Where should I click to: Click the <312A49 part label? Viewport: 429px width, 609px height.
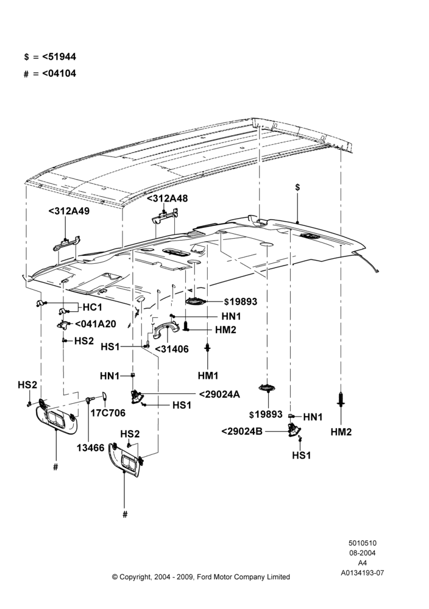(x=69, y=211)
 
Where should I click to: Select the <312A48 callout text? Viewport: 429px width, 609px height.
(x=167, y=198)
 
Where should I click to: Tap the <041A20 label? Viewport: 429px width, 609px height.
(x=95, y=323)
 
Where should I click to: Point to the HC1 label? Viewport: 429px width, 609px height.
(x=93, y=307)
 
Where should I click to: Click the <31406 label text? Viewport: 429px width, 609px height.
(x=171, y=349)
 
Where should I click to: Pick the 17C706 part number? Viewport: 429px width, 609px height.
(x=108, y=412)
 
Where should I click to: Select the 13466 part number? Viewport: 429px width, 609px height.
(x=91, y=448)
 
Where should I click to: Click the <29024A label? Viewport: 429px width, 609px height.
(x=219, y=394)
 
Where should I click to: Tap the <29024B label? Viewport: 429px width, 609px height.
(x=242, y=431)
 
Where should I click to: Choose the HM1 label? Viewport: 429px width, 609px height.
(x=208, y=376)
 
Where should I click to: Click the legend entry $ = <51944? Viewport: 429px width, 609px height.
(x=50, y=57)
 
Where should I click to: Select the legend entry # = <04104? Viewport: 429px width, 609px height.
(x=50, y=73)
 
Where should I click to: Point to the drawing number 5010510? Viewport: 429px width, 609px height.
(x=362, y=543)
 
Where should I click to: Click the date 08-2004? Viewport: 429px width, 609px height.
(x=362, y=553)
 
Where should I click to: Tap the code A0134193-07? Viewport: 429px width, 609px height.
(x=362, y=572)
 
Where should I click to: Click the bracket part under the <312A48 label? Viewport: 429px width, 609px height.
(x=165, y=216)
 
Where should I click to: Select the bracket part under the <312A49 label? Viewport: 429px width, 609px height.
(x=66, y=244)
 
